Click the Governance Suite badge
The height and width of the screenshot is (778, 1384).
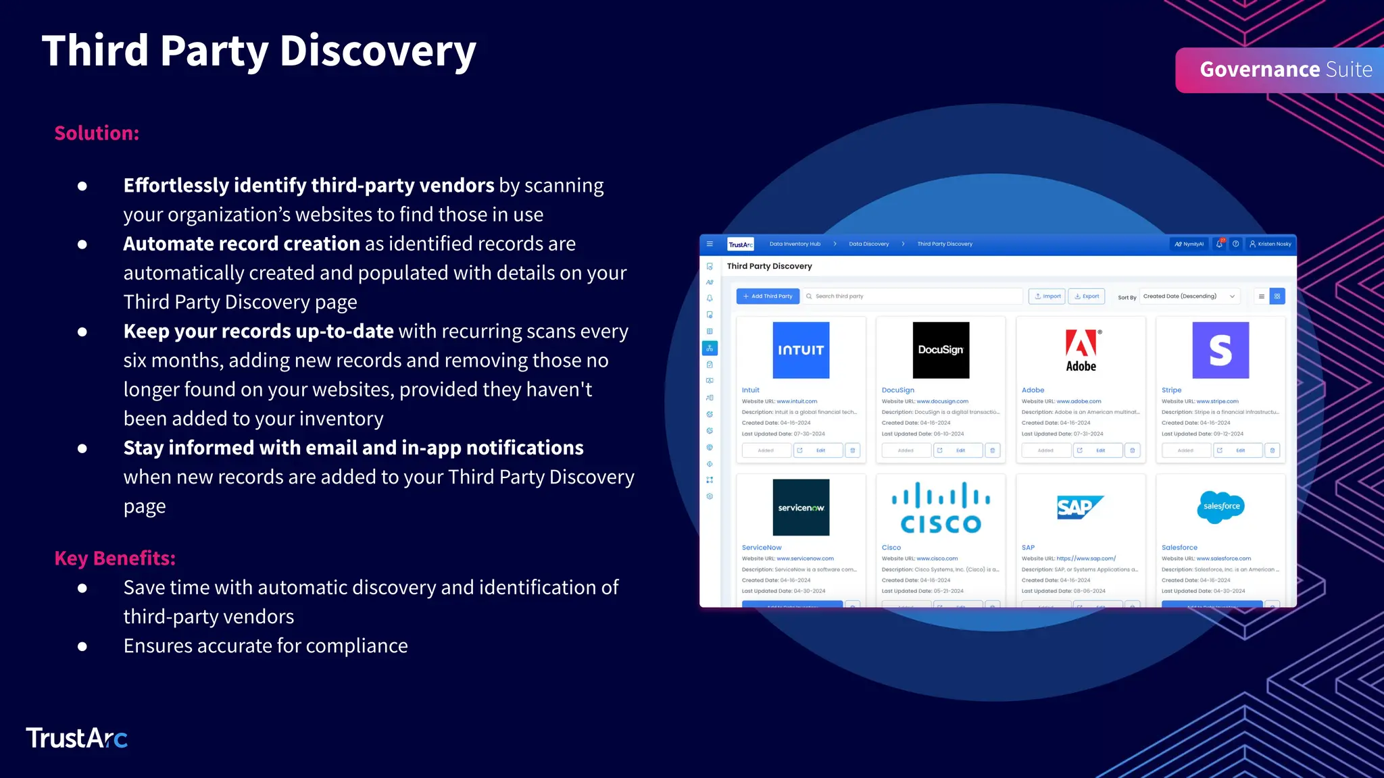[1284, 70]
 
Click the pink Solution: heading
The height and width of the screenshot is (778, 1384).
[97, 133]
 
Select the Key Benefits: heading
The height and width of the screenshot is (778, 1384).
[115, 559]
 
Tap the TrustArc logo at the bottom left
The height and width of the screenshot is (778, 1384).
[76, 738]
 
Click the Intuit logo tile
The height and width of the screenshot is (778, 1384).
[801, 350]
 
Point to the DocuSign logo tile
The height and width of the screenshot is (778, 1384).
[941, 350]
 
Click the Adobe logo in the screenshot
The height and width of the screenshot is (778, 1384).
[1081, 350]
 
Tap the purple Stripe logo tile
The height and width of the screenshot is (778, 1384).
[1220, 350]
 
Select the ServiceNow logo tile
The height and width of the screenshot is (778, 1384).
[801, 507]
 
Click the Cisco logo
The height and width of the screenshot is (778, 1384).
[941, 507]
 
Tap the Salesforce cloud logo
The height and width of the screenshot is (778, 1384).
[1221, 507]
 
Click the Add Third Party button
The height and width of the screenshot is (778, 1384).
[768, 296]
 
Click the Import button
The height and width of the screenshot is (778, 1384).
[1047, 296]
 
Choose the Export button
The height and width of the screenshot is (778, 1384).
[1087, 296]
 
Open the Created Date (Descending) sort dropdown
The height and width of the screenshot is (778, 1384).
[1189, 296]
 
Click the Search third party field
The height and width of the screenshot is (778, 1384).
[912, 296]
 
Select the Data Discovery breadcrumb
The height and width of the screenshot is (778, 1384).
[868, 244]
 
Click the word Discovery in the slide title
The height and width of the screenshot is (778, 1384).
[378, 51]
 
